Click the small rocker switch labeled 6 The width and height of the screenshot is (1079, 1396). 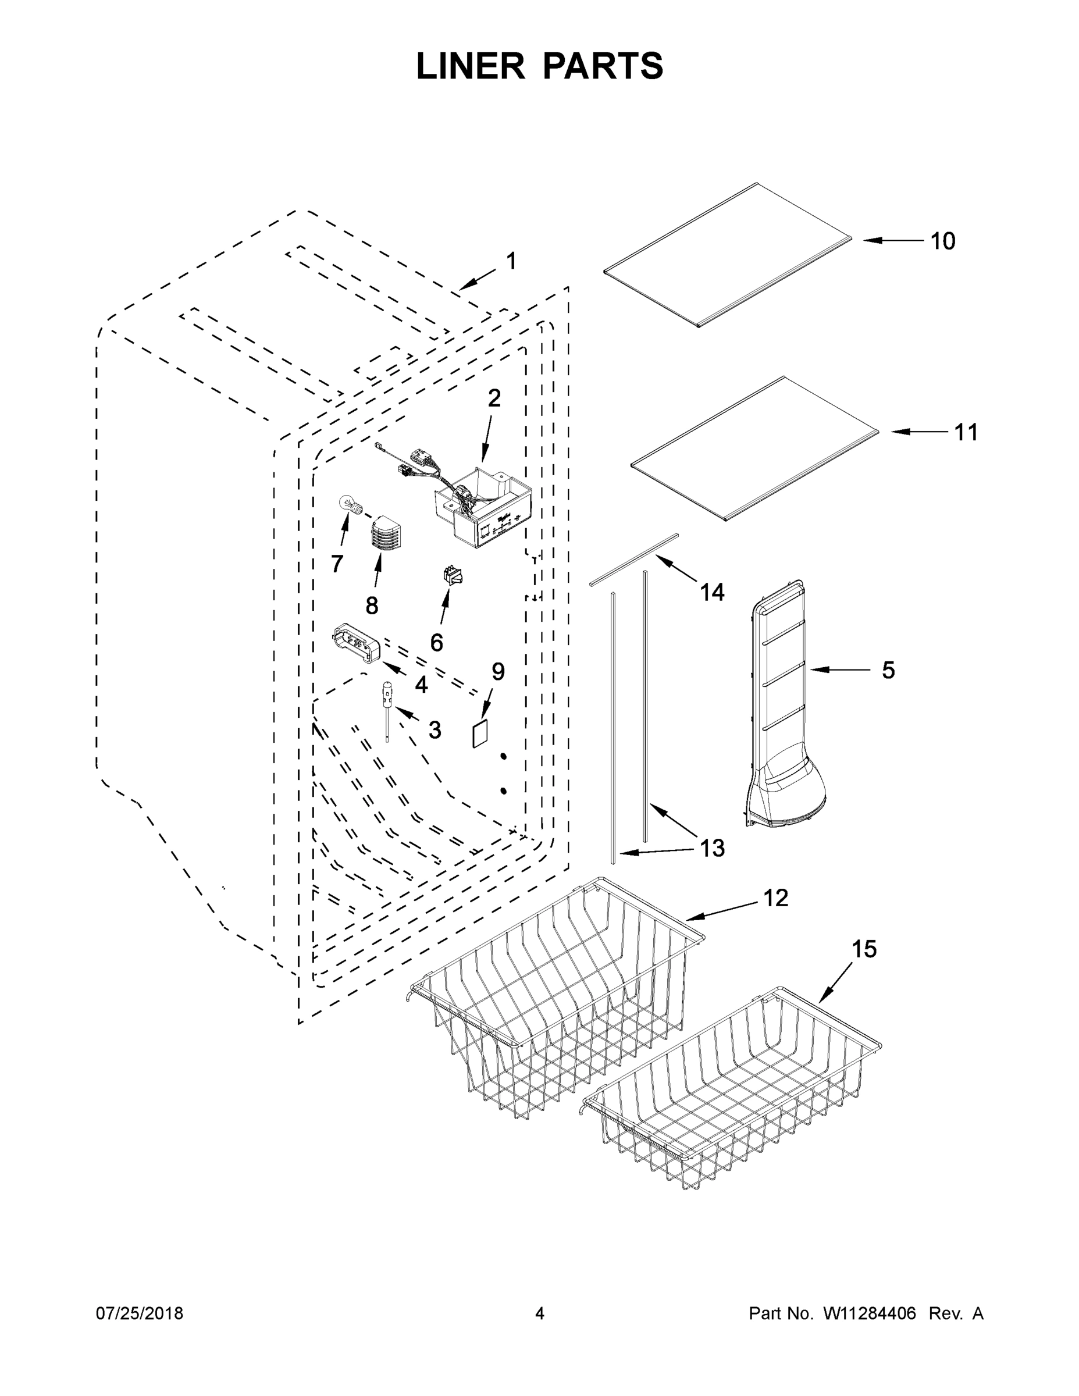pyautogui.click(x=453, y=575)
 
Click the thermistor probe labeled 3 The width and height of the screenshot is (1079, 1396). pyautogui.click(x=387, y=710)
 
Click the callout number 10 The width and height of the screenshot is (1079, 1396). pyautogui.click(x=942, y=241)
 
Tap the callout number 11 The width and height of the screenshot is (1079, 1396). pyautogui.click(x=966, y=433)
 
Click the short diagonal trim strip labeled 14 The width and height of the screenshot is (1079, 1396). pyautogui.click(x=633, y=558)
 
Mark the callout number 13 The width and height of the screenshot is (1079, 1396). pyautogui.click(x=711, y=848)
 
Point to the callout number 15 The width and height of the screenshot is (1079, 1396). pyautogui.click(x=864, y=967)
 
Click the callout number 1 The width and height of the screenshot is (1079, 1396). pyautogui.click(x=511, y=261)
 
